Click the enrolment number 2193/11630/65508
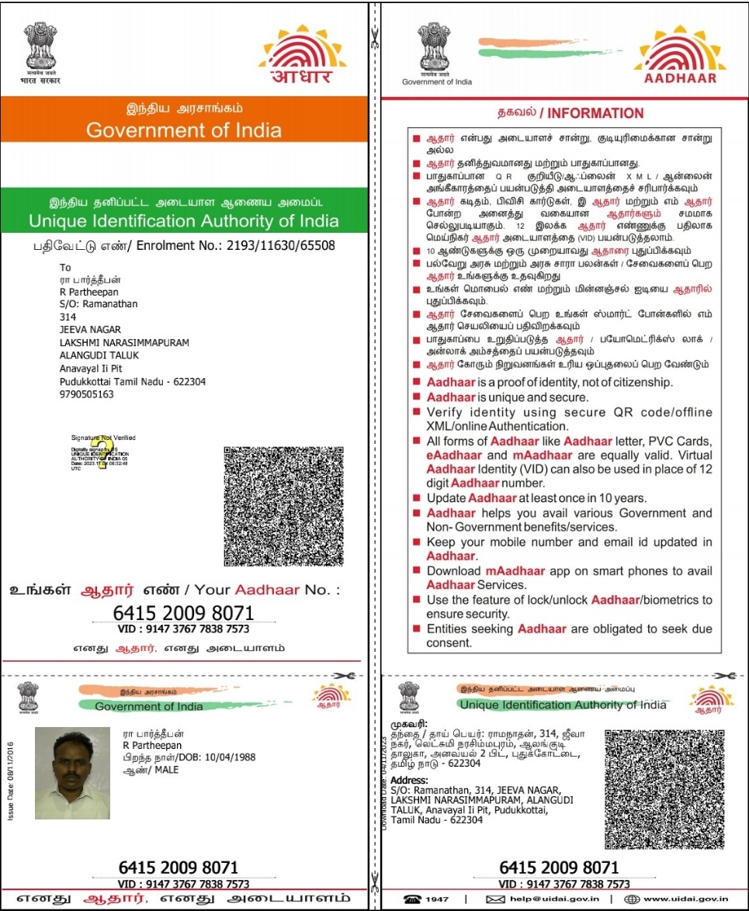pyautogui.click(x=292, y=245)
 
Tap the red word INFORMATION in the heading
pyautogui.click(x=595, y=113)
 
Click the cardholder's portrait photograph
pyautogui.click(x=72, y=774)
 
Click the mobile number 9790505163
pyautogui.click(x=87, y=394)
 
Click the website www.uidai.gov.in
pyautogui.click(x=685, y=899)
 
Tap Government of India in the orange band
pyautogui.click(x=183, y=130)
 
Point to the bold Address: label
pyautogui.click(x=409, y=779)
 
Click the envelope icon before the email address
pyautogui.click(x=496, y=899)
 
